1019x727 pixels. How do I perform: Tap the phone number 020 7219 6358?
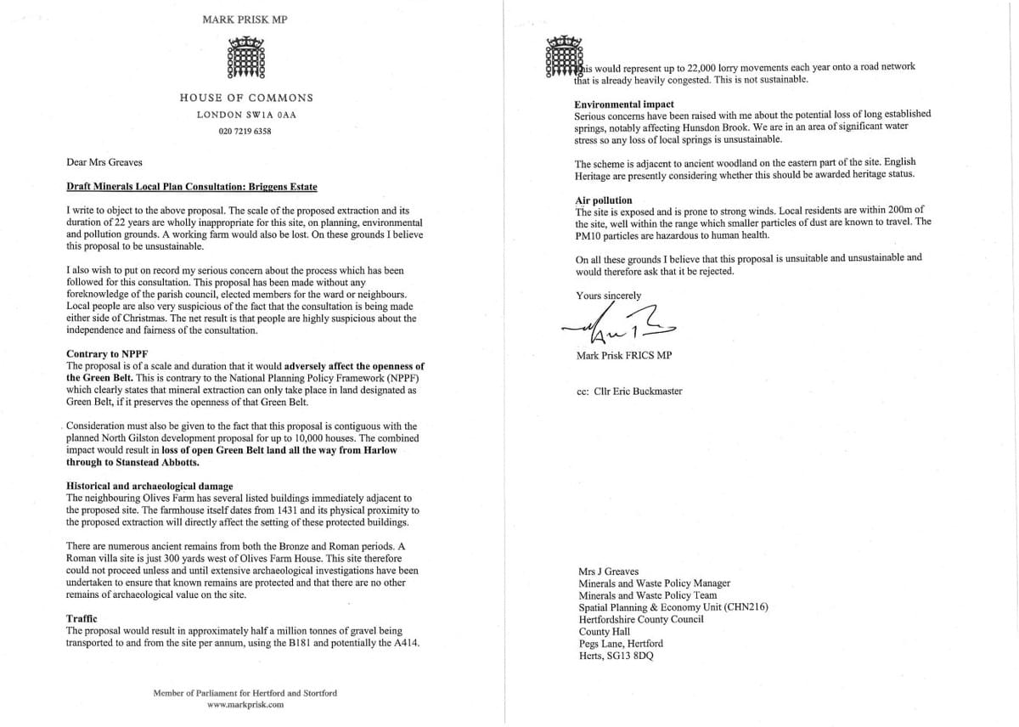pyautogui.click(x=245, y=132)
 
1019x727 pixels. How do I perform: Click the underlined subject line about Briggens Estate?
pyautogui.click(x=192, y=187)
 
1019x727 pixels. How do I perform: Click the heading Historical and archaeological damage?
pyautogui.click(x=149, y=487)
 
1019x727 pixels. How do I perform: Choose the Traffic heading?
pyautogui.click(x=82, y=619)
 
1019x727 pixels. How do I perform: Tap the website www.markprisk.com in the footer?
pyautogui.click(x=245, y=705)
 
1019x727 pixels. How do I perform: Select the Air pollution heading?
pyautogui.click(x=604, y=200)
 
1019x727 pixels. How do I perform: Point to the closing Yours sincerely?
pyautogui.click(x=609, y=296)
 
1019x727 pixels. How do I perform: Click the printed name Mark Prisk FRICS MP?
pyautogui.click(x=623, y=355)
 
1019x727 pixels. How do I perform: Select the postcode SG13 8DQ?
pyautogui.click(x=634, y=655)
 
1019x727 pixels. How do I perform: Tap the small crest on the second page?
pyautogui.click(x=561, y=58)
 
